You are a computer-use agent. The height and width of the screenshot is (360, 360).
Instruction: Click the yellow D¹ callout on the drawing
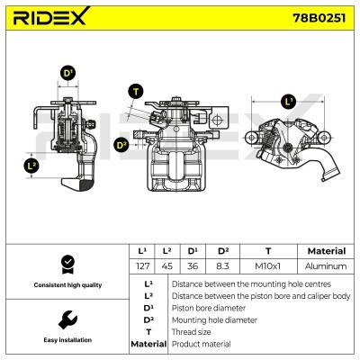pos(67,73)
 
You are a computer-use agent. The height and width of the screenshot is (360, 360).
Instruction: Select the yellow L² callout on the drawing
pos(31,166)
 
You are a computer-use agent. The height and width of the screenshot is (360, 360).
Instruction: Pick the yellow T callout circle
pos(134,91)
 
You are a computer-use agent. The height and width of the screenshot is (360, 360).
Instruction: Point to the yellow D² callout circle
pos(121,144)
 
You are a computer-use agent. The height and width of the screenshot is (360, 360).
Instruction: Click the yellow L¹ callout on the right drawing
pos(288,101)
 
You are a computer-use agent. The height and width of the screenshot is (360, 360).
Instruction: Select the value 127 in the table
pos(140,266)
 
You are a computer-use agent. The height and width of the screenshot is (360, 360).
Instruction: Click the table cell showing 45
pos(167,266)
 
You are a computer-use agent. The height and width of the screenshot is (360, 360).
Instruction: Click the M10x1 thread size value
pos(267,266)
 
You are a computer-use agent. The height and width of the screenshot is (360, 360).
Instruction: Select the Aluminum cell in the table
pos(326,266)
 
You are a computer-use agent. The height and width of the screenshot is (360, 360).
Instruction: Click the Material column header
pos(326,251)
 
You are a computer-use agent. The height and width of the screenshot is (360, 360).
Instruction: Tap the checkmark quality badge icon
pos(64,264)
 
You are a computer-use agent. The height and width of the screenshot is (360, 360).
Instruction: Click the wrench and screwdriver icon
pos(64,319)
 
